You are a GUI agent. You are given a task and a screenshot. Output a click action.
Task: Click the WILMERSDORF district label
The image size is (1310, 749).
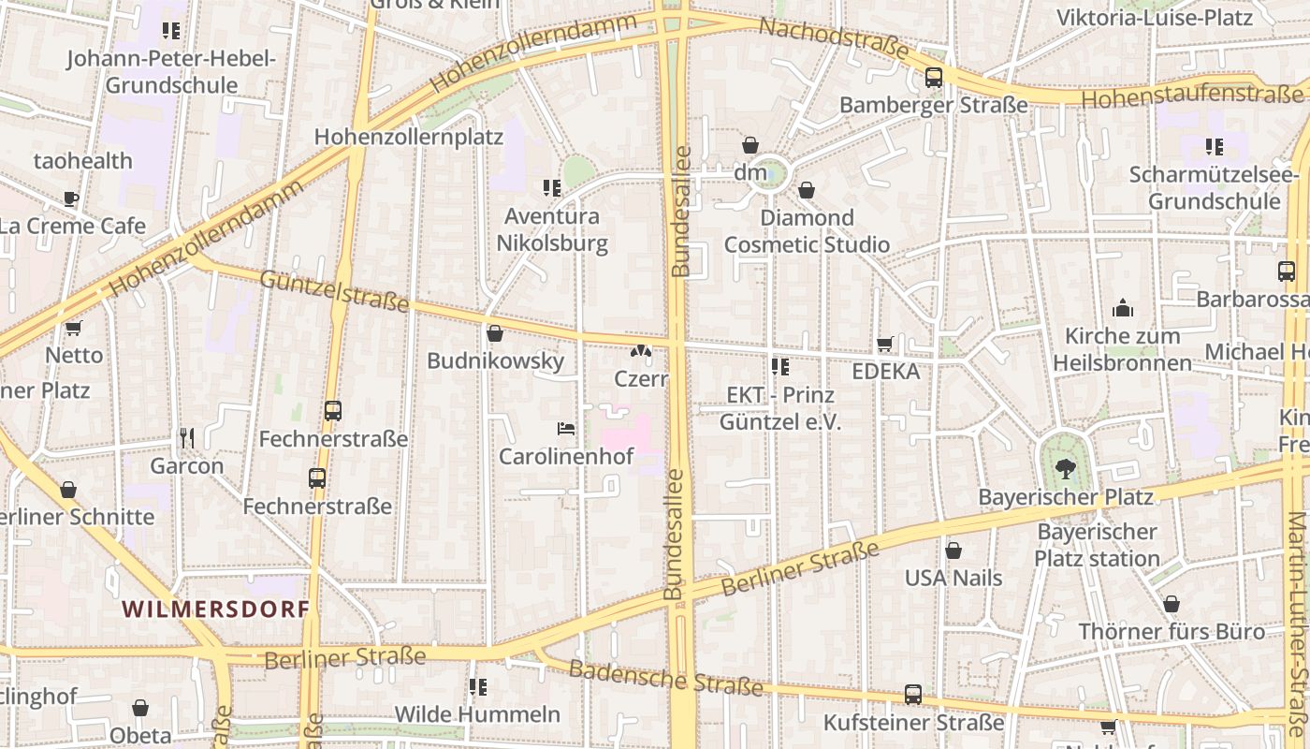click(x=215, y=609)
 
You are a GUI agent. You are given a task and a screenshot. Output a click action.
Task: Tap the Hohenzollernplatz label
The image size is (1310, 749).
click(x=408, y=137)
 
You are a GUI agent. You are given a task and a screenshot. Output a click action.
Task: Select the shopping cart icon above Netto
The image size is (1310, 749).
click(x=73, y=328)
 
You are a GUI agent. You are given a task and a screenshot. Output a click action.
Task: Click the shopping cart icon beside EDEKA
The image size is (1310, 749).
click(x=884, y=345)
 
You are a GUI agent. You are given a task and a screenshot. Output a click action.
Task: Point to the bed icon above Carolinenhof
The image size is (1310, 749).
click(x=566, y=429)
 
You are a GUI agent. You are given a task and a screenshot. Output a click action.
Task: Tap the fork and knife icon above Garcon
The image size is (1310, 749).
click(x=187, y=437)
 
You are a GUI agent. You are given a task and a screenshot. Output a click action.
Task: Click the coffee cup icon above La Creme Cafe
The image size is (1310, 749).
click(x=71, y=198)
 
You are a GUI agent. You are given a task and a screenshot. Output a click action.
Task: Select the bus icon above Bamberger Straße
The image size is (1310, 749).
click(x=933, y=78)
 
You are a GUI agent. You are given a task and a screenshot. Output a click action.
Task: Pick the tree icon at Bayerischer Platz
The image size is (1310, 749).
click(x=1065, y=469)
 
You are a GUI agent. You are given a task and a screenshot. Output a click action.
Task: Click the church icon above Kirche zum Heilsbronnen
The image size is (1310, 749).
click(x=1122, y=308)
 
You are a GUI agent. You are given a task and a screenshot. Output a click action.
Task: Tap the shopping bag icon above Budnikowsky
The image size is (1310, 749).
click(x=495, y=333)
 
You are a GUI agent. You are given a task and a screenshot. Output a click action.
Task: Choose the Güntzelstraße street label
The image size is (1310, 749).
click(x=334, y=290)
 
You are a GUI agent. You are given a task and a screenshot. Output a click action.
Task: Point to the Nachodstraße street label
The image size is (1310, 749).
click(x=833, y=39)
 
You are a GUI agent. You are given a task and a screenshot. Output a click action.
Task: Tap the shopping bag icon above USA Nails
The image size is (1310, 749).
click(x=953, y=551)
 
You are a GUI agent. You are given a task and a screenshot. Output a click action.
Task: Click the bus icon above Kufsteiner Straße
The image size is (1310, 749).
click(x=912, y=695)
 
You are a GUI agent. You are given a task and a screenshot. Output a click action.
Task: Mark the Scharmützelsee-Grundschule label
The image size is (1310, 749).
click(x=1214, y=187)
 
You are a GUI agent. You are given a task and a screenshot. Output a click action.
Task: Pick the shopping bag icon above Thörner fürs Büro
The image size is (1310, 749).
click(x=1171, y=604)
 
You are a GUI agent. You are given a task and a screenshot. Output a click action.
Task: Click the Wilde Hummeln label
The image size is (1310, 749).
click(x=477, y=714)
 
